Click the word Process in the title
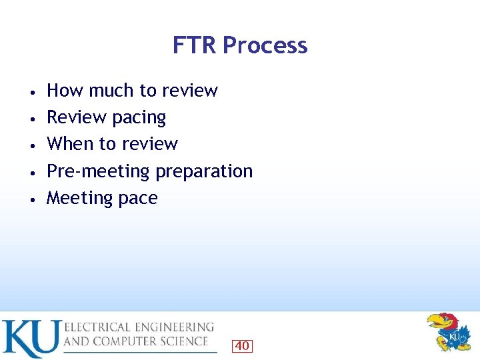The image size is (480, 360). click(265, 45)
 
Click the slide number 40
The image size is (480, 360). click(242, 346)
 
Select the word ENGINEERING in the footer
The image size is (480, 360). click(176, 327)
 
